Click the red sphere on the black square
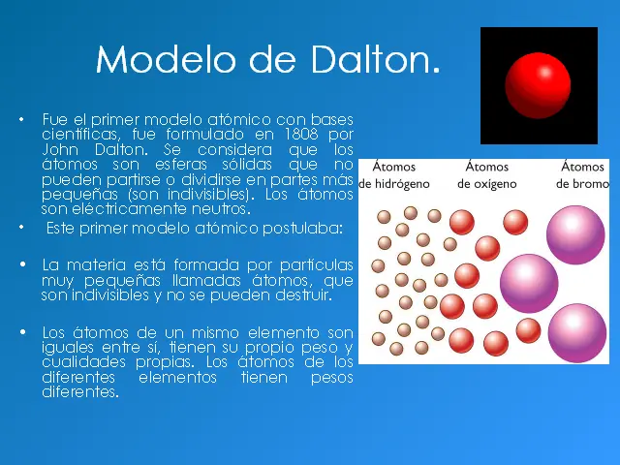(x=539, y=85)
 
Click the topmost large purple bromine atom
(x=575, y=233)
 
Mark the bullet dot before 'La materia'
(x=22, y=264)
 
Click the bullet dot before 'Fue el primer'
(x=22, y=118)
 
